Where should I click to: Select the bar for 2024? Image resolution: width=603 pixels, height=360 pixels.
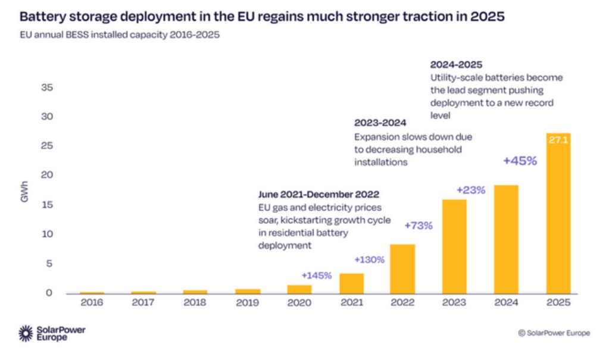pos(506,239)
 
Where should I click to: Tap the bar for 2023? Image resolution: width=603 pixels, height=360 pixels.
pos(454,246)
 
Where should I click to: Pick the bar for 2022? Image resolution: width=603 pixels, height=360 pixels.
pos(402,268)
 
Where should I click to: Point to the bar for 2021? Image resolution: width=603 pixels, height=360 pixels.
pos(351,283)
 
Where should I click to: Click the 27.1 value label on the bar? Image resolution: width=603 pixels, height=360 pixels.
pos(558,142)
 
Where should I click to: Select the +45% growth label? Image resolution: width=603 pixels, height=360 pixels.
pos(520,161)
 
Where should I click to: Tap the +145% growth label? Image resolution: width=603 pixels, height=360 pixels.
pos(315,276)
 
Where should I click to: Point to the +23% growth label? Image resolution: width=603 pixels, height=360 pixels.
pos(471,190)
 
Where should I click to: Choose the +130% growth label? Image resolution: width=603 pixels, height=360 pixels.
pos(370,259)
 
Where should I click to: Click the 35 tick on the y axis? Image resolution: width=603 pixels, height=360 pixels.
pos(48,87)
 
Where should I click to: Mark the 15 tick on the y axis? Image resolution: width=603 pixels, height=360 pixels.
pos(48,205)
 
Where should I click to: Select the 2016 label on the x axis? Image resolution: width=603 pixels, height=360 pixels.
pos(92,303)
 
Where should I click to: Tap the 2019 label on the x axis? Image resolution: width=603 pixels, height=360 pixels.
pos(247,303)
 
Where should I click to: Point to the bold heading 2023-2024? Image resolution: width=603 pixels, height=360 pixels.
pos(380,123)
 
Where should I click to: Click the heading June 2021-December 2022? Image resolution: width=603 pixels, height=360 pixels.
pos(318,195)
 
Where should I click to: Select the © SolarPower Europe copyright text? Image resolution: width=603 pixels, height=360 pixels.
pos(554,333)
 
